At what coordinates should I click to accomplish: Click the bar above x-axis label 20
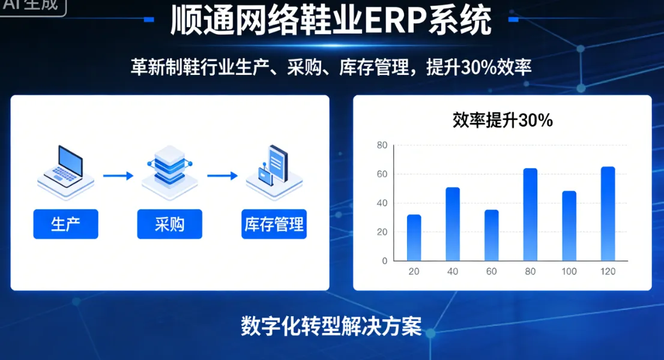[414, 238]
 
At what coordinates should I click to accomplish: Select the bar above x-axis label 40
[453, 224]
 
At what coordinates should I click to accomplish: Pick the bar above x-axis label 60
[492, 235]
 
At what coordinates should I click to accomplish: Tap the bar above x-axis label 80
[530, 215]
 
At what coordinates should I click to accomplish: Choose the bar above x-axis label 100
[569, 226]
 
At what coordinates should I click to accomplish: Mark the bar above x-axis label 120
[608, 214]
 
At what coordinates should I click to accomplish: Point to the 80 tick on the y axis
[382, 145]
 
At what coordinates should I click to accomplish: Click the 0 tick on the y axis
[385, 261]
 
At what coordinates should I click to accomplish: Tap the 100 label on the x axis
[569, 272]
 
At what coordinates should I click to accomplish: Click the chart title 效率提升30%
[503, 121]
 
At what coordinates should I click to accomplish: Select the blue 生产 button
[65, 224]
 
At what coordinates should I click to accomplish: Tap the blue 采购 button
[169, 224]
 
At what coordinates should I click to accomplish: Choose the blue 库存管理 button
[274, 224]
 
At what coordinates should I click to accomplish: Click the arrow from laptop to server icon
[118, 176]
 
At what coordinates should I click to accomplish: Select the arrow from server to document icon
[222, 176]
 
